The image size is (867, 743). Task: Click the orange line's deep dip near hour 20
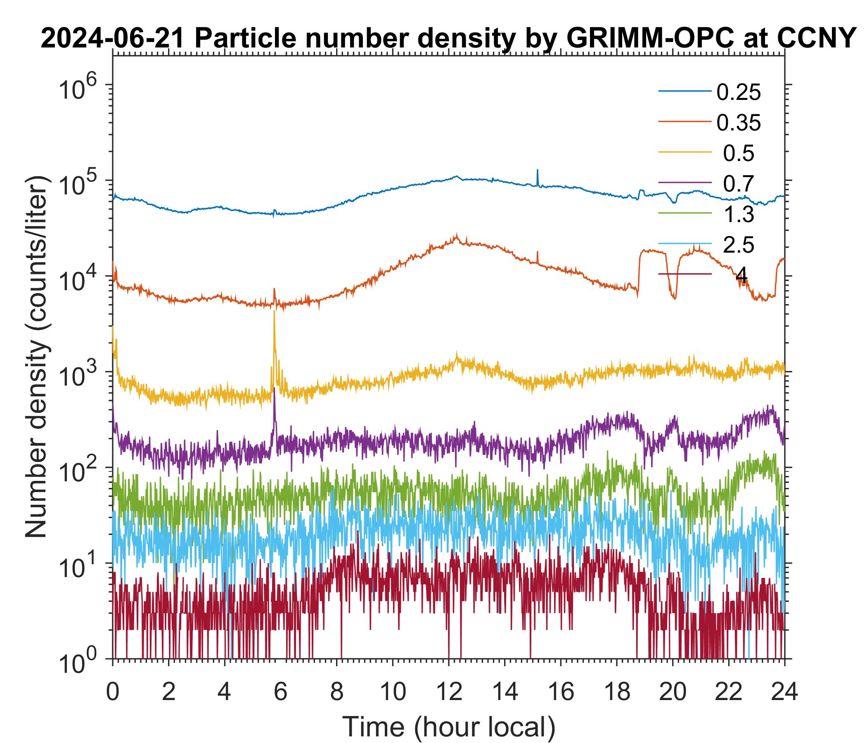point(674,298)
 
